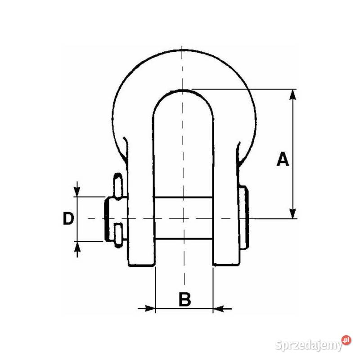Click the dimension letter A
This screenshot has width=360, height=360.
point(283,160)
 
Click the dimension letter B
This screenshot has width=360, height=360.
point(184,299)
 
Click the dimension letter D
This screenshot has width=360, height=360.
point(68,219)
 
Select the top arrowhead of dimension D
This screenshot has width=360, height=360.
point(77,192)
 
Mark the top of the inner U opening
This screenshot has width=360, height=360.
point(183,90)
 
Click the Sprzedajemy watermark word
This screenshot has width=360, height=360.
point(308,345)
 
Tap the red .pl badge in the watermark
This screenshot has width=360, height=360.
point(346,340)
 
